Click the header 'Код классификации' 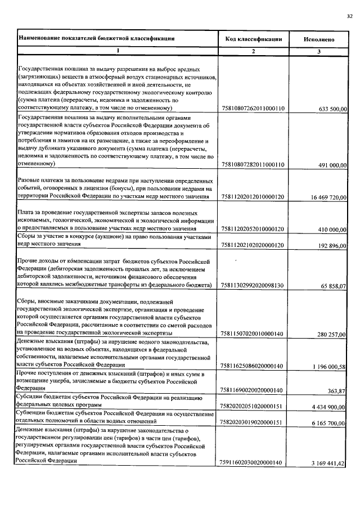click(x=253, y=39)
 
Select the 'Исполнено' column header click(x=319, y=40)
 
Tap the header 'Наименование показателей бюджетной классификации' click(x=96, y=39)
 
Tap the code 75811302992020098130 click(x=253, y=286)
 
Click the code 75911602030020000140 click(x=253, y=463)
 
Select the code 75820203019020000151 click(x=253, y=423)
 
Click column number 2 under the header click(x=253, y=52)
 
